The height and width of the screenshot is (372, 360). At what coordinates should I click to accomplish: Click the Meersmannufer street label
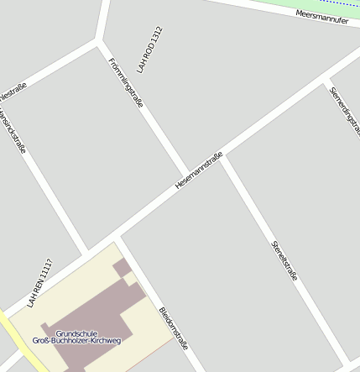pos(322,17)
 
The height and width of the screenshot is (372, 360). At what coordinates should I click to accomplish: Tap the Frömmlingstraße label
pos(127,83)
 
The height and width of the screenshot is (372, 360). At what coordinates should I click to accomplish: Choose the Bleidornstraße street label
pos(173,328)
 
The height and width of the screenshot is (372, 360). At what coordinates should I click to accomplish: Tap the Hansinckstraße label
pos(13,129)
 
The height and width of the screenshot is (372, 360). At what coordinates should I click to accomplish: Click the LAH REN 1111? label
pos(39,283)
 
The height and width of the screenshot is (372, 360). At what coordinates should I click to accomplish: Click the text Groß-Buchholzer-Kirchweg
pos(76,341)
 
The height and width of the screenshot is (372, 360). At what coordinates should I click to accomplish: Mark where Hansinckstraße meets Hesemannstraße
pos(86,253)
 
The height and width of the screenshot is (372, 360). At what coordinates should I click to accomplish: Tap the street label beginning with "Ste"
pos(284,259)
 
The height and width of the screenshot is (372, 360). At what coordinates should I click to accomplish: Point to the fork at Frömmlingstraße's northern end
pos(100,39)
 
